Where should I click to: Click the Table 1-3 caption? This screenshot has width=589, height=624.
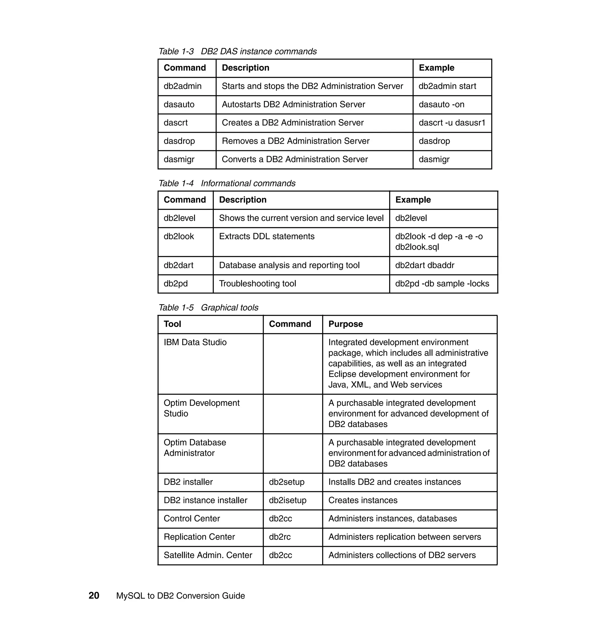[x=237, y=52]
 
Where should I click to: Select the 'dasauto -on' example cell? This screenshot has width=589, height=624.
[x=441, y=105]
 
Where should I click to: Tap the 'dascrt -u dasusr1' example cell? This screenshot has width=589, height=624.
[x=452, y=123]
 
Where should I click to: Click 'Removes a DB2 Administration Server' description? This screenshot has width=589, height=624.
[x=295, y=141]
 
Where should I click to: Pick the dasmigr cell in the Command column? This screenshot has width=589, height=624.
[x=179, y=159]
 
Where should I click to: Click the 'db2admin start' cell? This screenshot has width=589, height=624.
[x=447, y=86]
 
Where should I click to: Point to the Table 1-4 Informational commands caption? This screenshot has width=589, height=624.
[x=227, y=184]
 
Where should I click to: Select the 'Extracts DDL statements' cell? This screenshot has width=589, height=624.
[x=267, y=237]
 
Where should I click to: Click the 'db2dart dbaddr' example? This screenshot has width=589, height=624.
[x=424, y=265]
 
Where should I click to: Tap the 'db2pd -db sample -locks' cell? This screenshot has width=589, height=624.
[x=442, y=284]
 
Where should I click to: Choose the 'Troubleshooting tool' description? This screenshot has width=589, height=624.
[x=257, y=284]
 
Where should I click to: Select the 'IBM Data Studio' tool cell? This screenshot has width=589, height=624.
[x=195, y=343]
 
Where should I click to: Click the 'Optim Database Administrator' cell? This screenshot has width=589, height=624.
[x=195, y=448]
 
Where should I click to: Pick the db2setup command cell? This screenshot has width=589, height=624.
[x=286, y=482]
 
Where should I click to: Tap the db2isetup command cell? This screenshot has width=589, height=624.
[x=287, y=501]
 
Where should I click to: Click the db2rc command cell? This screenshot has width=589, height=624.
[x=280, y=537]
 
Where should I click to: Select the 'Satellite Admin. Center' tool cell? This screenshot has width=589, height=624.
[x=208, y=555]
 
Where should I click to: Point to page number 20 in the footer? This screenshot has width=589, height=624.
[x=94, y=596]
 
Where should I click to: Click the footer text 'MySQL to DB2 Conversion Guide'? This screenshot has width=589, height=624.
[x=181, y=596]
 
